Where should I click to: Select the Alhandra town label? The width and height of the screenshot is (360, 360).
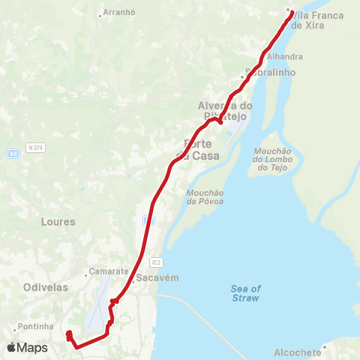[285, 56]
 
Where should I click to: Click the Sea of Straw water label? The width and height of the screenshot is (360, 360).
[245, 293]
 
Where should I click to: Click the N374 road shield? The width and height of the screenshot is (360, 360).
[35, 148]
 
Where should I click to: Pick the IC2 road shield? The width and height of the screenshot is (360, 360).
[156, 262]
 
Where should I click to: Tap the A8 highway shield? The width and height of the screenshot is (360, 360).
[13, 153]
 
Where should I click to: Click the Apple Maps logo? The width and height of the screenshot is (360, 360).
[27, 348]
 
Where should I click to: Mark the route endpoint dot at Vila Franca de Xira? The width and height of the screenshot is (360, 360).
[289, 10]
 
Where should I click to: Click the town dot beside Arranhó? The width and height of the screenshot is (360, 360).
[100, 13]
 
